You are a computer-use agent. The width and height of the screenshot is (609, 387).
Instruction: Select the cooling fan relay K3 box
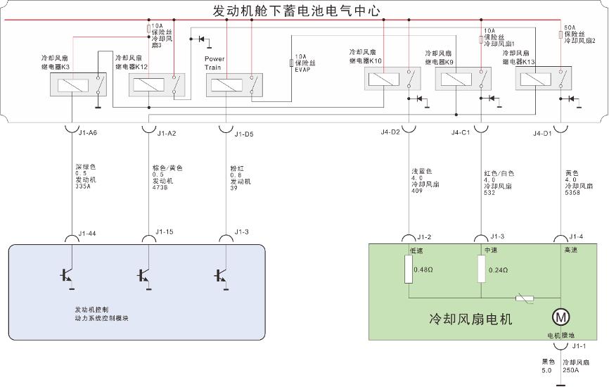click(x=74, y=87)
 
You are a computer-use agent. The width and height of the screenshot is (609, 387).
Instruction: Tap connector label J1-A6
click(x=89, y=132)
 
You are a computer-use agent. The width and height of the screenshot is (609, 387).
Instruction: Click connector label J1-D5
click(x=245, y=132)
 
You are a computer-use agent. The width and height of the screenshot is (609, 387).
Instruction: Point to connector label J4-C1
click(x=461, y=132)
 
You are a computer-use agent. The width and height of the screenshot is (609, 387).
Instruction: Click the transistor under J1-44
click(x=66, y=275)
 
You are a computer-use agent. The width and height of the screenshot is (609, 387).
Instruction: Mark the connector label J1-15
click(x=165, y=231)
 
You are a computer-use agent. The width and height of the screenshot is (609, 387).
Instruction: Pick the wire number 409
click(x=418, y=190)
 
